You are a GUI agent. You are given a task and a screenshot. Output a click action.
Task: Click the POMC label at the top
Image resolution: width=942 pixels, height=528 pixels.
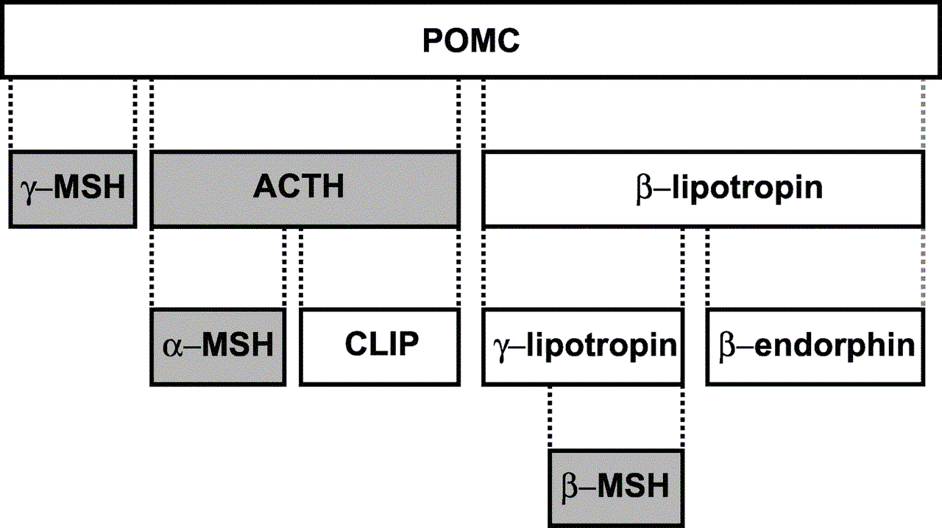(x=471, y=41)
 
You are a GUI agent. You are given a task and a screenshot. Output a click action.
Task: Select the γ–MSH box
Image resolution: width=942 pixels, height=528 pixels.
(x=72, y=189)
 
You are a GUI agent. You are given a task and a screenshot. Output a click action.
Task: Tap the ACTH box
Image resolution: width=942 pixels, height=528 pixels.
(x=305, y=189)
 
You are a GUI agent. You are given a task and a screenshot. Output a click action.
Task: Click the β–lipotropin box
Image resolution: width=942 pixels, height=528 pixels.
(x=703, y=189)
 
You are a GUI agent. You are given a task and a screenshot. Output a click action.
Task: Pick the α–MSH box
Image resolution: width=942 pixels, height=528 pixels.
(x=218, y=346)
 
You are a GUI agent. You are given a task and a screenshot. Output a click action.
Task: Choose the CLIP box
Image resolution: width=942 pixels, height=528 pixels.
(x=380, y=346)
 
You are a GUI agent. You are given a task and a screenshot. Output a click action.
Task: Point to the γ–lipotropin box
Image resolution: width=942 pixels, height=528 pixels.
(x=582, y=346)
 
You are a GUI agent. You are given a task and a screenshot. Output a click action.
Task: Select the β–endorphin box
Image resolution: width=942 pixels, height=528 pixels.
(x=815, y=346)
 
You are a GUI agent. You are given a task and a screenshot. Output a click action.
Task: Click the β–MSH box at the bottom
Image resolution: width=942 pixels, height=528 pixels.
(x=616, y=487)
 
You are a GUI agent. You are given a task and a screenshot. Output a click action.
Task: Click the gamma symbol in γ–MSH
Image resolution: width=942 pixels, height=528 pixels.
(x=29, y=191)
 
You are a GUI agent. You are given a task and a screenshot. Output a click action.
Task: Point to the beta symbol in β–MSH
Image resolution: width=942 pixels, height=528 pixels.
(x=571, y=488)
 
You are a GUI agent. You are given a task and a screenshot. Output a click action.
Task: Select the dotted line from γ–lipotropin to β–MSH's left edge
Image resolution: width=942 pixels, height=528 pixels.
(x=550, y=418)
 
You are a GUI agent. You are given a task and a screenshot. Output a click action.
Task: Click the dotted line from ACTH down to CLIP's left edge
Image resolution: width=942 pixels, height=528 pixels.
(x=301, y=269)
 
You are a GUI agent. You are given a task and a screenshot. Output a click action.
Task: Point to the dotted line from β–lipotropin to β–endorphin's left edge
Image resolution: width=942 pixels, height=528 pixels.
(x=708, y=269)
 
